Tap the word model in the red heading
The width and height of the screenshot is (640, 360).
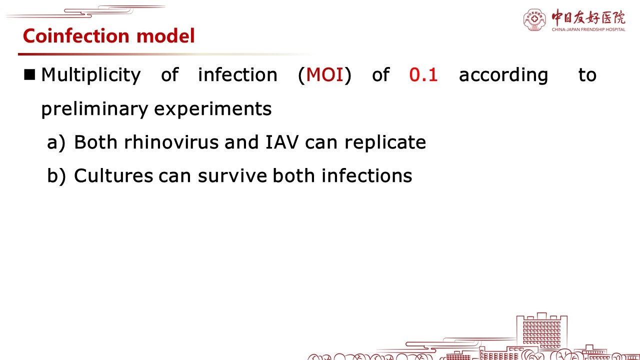pos(165,35)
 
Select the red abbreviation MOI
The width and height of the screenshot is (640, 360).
pos(324,75)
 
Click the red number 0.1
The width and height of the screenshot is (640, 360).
pos(423,75)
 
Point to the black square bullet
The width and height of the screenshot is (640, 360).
pos(29,74)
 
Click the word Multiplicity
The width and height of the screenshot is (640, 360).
pos(91,75)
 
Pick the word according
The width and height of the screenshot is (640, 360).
pos(503,75)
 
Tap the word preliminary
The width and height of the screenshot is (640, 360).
pos(94,109)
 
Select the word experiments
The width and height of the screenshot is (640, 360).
pos(213,109)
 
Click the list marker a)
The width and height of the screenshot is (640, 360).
pos(56,142)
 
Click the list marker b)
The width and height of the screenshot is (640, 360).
pos(56,175)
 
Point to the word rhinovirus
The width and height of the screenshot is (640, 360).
pos(171,142)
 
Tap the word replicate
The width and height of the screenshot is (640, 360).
pos(385,142)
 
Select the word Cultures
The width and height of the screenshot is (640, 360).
pos(113,175)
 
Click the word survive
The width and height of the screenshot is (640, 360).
pos(232,175)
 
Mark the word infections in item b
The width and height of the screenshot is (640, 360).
pos(367,175)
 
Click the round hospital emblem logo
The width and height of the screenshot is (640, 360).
pos(534,20)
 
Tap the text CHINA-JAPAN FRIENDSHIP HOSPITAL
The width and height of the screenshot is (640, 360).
pos(588,29)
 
